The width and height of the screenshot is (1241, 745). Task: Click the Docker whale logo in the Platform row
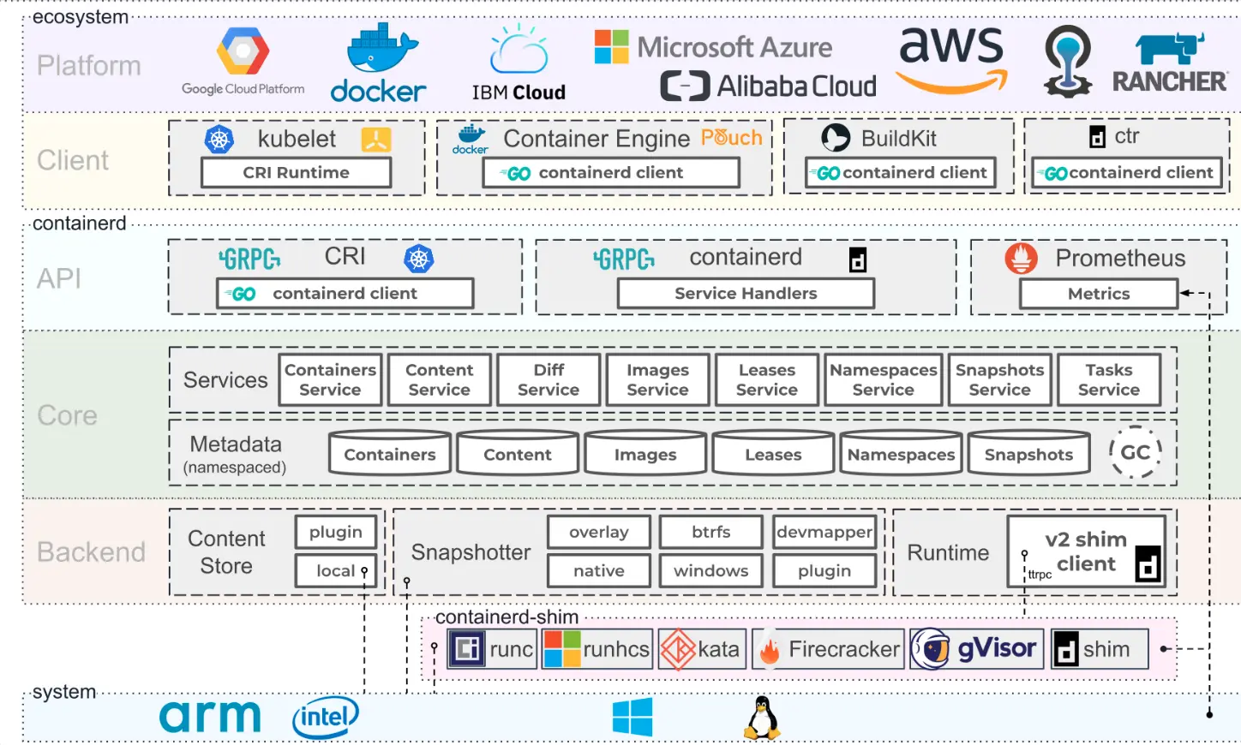coord(379,62)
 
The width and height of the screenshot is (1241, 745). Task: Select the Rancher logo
coord(1170,62)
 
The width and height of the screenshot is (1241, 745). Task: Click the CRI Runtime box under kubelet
coord(297,173)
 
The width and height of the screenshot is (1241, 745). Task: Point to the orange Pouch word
coord(731,137)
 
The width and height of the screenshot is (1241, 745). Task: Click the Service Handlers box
coord(746,294)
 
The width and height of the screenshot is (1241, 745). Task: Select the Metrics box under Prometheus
coord(1099,294)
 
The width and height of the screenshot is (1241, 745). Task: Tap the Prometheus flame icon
coord(1021,258)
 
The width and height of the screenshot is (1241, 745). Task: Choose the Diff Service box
coord(549,379)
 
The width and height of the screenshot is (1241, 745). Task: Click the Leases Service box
coord(767,379)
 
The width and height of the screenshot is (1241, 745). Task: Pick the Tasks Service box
coord(1109,379)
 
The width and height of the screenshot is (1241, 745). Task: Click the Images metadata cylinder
coord(645,453)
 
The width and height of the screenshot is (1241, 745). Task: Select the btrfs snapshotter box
coord(710,532)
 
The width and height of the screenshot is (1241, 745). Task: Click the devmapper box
coord(824,532)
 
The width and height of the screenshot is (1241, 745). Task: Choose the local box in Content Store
coord(336,570)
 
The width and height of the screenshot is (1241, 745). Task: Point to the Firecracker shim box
coord(828,649)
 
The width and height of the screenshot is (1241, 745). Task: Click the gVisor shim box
coord(977,649)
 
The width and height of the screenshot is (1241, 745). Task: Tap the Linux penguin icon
coord(762,718)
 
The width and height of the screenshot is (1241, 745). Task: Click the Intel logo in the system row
coord(326,718)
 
